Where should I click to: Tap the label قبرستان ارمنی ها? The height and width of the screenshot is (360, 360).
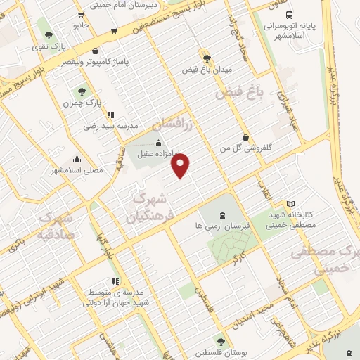[223, 228]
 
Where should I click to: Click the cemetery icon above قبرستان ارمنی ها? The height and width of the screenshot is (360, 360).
[223, 216]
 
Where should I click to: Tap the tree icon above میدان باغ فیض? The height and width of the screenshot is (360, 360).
[205, 58]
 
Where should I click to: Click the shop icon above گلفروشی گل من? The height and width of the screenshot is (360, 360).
[245, 137]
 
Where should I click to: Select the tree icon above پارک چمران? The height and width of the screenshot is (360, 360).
[83, 90]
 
